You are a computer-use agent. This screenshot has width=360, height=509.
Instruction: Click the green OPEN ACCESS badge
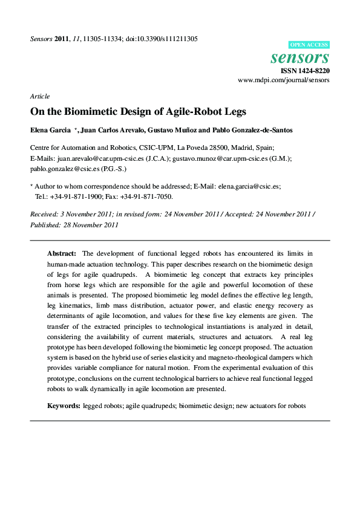coord(310,45)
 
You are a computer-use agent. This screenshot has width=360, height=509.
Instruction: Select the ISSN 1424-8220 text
coord(306,71)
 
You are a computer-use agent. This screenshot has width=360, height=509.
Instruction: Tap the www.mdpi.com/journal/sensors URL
coord(284,80)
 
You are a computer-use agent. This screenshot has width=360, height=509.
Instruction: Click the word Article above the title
coord(39,96)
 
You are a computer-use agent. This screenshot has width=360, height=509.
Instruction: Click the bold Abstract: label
coord(62,254)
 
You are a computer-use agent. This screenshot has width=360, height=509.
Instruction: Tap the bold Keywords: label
coord(64,406)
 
